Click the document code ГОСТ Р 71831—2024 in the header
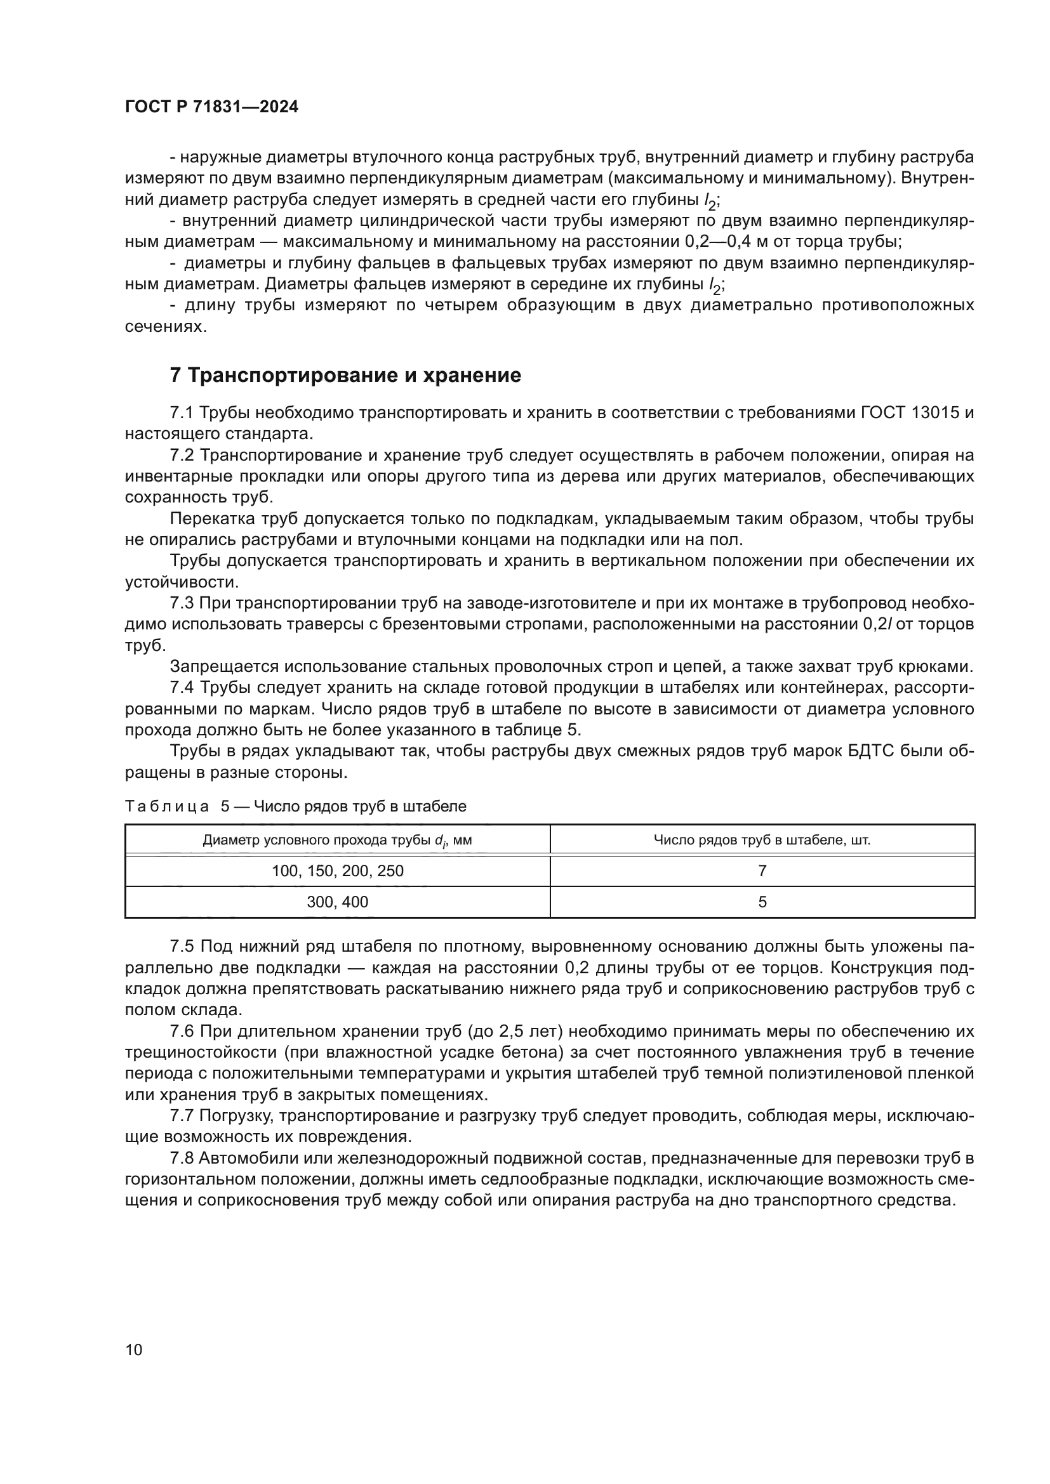[211, 107]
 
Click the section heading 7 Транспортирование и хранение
[345, 376]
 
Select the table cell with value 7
[762, 870]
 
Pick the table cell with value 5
[762, 902]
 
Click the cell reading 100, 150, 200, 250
[338, 870]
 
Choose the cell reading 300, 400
[338, 902]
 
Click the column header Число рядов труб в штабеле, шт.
[762, 840]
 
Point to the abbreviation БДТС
[895, 751]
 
